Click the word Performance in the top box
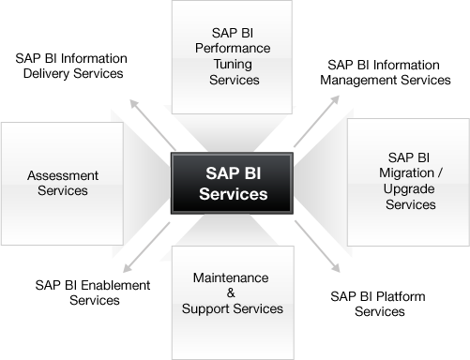(x=232, y=47)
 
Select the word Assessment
(x=63, y=175)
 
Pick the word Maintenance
(x=231, y=278)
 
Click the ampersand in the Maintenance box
(x=231, y=293)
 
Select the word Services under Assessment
(x=63, y=190)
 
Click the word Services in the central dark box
(x=233, y=195)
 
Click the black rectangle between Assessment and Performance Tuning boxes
(x=71, y=67)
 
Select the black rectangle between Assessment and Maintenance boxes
(x=92, y=292)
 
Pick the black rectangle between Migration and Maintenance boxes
(x=377, y=304)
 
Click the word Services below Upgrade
(x=411, y=204)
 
